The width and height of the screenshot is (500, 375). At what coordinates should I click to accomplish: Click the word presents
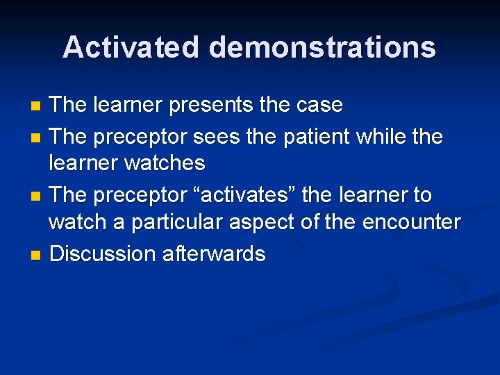(x=208, y=106)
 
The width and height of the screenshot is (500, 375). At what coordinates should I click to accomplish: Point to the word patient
(x=316, y=136)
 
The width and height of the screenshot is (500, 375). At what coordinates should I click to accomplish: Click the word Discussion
(x=103, y=254)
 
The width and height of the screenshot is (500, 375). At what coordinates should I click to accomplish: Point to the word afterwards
(x=214, y=254)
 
